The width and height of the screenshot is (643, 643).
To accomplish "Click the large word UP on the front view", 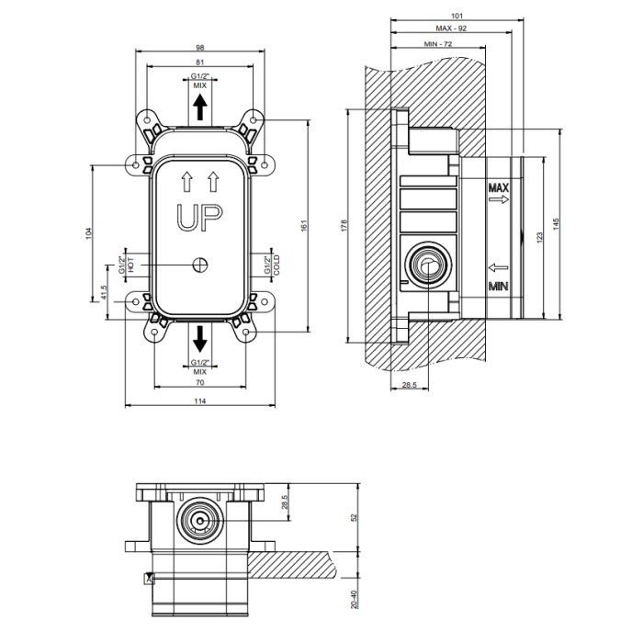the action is (x=199, y=218).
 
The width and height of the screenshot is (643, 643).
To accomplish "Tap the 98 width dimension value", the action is (x=199, y=48).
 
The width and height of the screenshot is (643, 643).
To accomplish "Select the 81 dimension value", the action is (x=199, y=62).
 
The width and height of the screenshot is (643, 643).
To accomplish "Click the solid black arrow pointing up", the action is (x=200, y=107).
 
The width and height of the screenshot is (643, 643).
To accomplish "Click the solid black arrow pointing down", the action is (x=200, y=339).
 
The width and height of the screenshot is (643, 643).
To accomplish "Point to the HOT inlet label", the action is (x=131, y=265).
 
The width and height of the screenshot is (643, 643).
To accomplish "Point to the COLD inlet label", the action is (x=276, y=265).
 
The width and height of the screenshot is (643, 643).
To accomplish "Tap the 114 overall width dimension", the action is (x=199, y=401).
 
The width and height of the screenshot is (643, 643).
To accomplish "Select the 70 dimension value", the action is (x=199, y=383).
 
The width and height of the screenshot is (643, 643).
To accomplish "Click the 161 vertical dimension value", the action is (x=304, y=226).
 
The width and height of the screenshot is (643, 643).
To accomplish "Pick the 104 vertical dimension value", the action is (x=88, y=233).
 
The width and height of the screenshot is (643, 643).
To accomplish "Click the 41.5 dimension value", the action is (x=104, y=292).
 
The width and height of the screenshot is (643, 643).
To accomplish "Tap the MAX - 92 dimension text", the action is (x=451, y=28).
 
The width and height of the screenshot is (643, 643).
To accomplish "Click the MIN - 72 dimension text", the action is (x=438, y=44).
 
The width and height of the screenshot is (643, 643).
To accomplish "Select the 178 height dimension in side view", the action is (x=344, y=226).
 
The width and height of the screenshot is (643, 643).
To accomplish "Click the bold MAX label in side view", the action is (x=498, y=188).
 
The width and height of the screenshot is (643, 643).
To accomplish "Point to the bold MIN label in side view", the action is (x=498, y=286).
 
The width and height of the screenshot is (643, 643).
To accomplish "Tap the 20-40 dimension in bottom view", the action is (x=355, y=600).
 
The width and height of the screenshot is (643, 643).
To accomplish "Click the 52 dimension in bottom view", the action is (x=355, y=517).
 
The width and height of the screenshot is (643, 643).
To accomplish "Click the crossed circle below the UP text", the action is (x=200, y=265).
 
